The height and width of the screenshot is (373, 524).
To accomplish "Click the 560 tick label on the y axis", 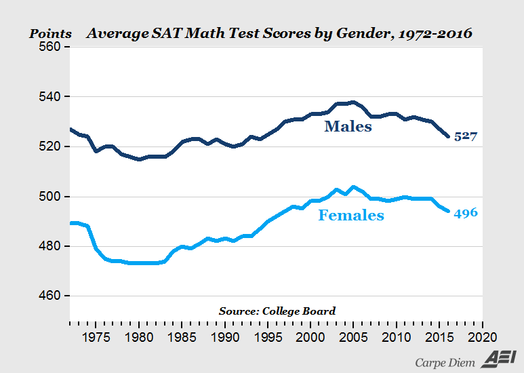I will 49,47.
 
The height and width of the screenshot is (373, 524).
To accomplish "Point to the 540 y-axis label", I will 49,97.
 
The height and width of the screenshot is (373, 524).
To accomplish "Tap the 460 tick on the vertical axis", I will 49,296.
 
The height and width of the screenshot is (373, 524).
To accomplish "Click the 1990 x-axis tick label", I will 224,336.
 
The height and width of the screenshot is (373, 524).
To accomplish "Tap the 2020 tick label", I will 482,336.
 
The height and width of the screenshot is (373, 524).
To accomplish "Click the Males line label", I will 348,126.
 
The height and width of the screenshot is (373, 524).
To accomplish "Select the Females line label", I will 351,216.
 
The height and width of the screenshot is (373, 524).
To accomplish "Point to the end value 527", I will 466,137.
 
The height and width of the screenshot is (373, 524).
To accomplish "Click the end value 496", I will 466,213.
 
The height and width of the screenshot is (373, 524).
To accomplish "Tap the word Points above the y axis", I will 49,33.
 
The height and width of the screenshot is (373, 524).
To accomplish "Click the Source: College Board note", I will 277,311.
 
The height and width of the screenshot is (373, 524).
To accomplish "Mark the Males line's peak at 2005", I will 353,102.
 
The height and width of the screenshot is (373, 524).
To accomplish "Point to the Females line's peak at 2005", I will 353,186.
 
